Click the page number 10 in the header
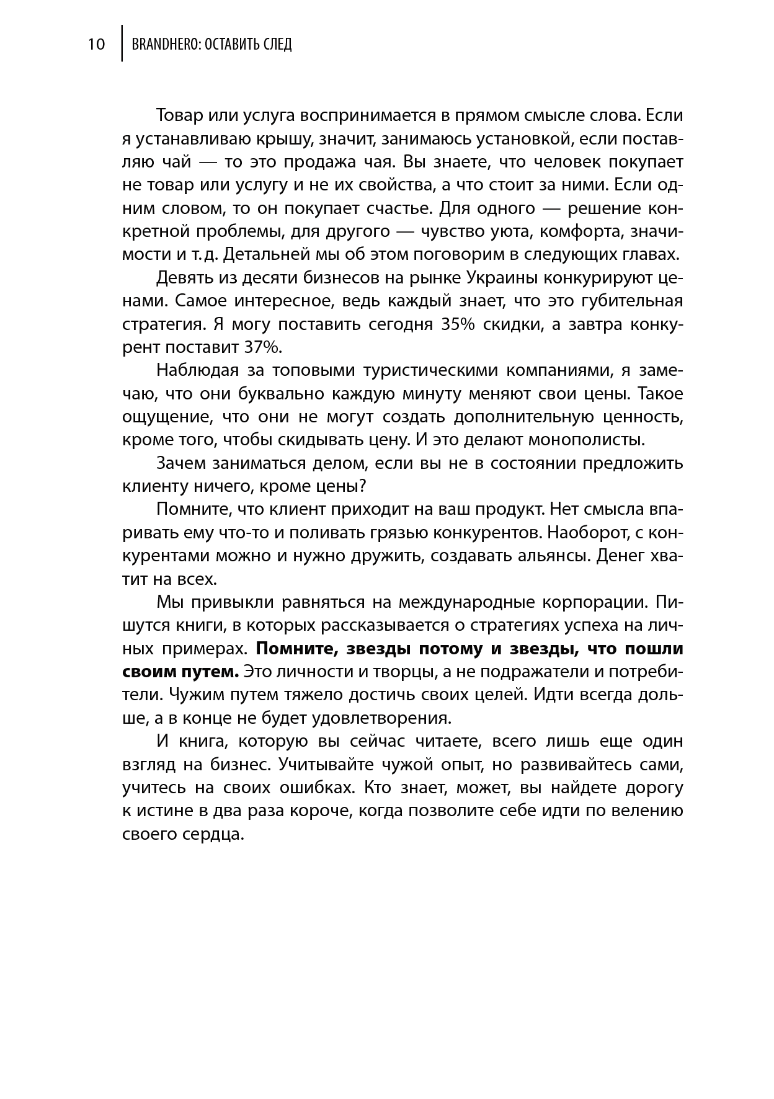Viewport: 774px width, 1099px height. [97, 45]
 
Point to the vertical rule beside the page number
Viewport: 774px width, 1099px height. [122, 43]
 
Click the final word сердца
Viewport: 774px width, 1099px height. [215, 834]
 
